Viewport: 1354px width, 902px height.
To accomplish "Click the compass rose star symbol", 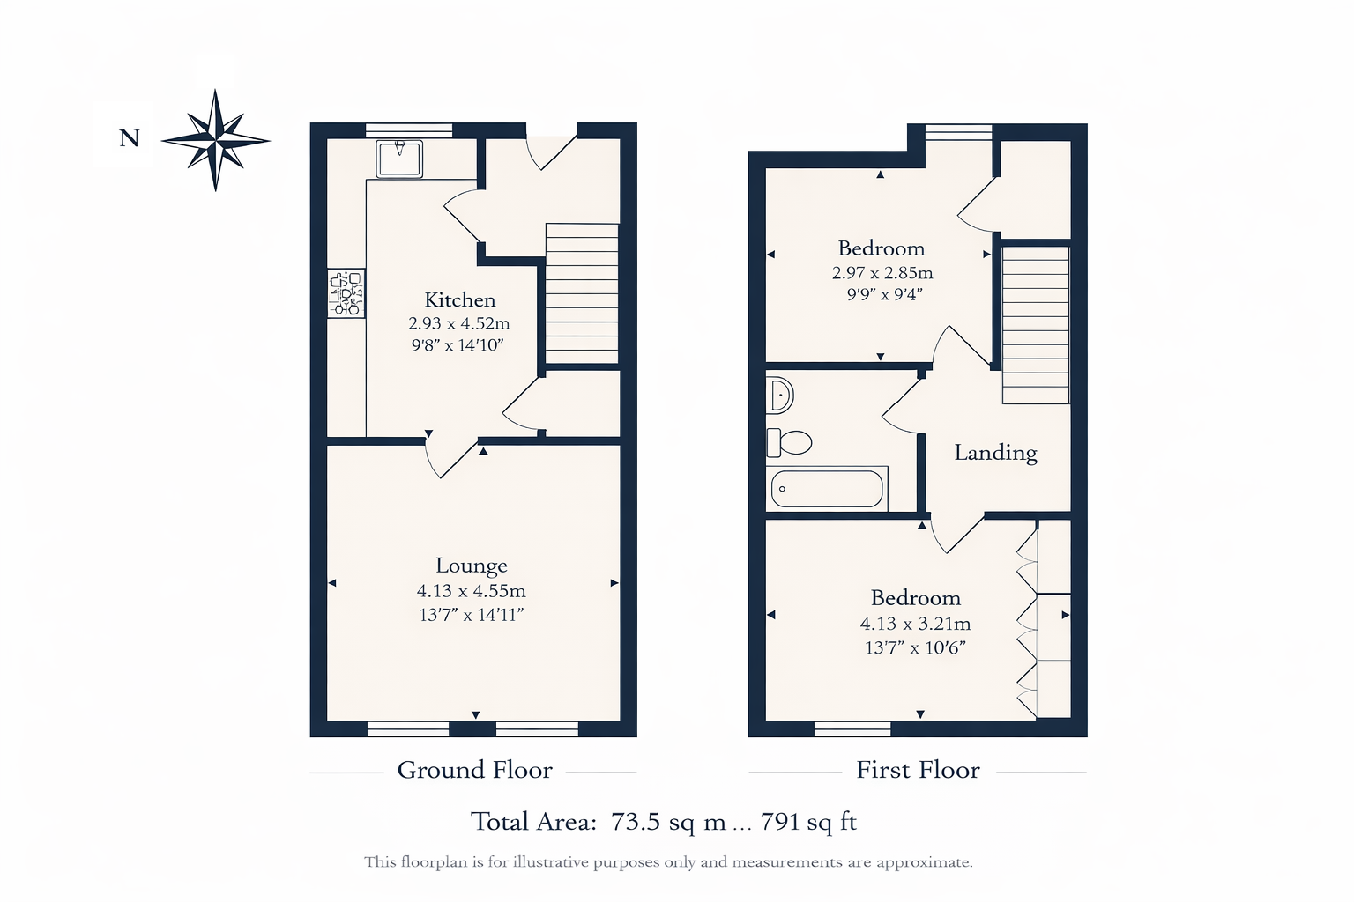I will pos(216,140).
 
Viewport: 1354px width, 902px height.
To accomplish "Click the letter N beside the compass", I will pos(130,138).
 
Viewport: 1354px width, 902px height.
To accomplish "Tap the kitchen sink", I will pos(399,159).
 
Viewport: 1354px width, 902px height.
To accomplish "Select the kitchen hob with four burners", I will pos(346,293).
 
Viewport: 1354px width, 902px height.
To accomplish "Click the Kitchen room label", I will pos(459,300).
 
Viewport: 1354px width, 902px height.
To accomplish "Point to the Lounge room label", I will pos(471,566).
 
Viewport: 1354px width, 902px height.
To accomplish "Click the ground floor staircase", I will pos(582,292).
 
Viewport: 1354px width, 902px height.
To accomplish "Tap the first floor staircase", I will pos(1035,324).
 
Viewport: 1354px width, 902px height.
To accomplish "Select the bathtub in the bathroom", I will pos(827,488).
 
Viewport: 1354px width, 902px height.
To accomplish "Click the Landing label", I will pos(995,453).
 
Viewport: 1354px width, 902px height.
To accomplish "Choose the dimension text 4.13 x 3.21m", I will pos(915,624).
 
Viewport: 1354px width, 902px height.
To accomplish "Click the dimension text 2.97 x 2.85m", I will pos(882,273).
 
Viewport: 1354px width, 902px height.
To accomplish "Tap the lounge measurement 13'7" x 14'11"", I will pos(471,615).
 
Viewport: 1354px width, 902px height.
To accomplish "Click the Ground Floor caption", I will pos(474,770).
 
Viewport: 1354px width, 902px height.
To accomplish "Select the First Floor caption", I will pos(918,770).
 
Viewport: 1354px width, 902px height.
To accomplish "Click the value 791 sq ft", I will pos(808,822).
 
